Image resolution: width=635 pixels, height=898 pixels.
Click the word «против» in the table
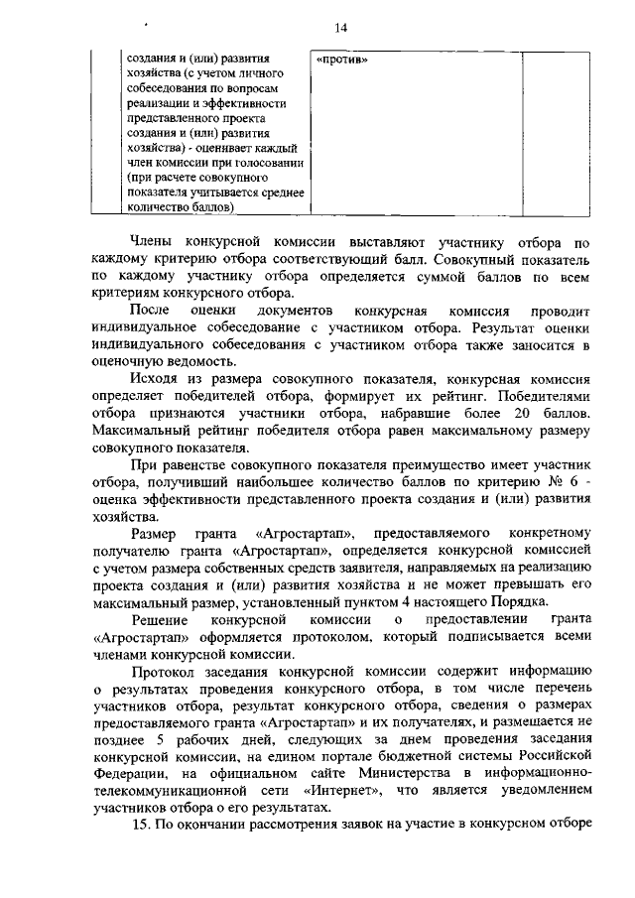pos(341,59)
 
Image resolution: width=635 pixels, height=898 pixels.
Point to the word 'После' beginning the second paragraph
pos(154,311)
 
